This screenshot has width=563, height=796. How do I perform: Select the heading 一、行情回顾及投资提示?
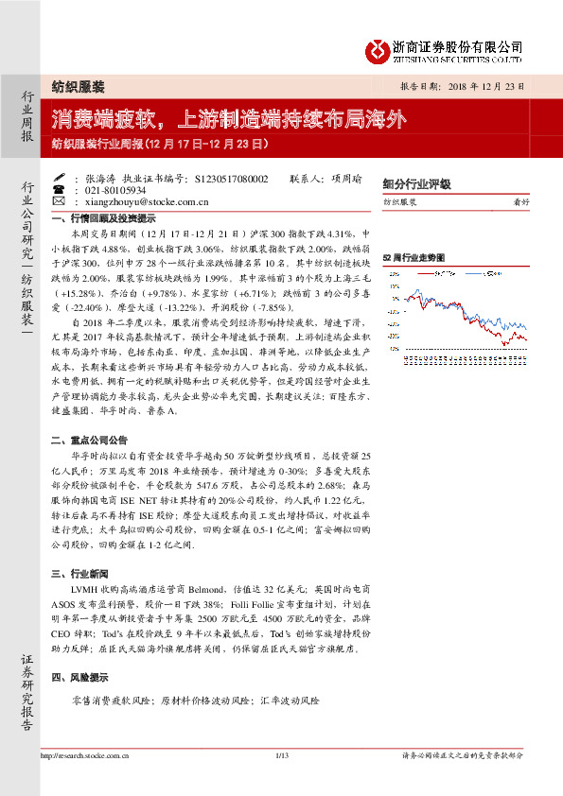coord(99,217)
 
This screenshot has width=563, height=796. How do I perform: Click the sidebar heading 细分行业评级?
coord(416,184)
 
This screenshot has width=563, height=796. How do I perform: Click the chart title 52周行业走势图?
coord(413,257)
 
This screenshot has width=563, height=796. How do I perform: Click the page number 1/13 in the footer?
coord(281,755)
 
